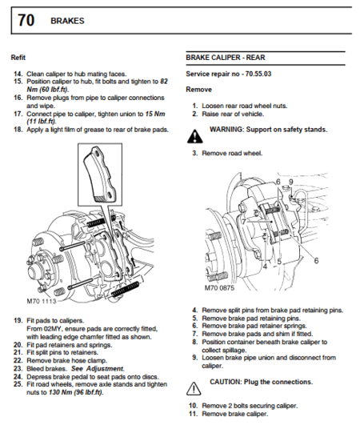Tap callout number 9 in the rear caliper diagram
tap(292, 182)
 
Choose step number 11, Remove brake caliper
tap(192, 414)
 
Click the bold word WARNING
tap(229, 128)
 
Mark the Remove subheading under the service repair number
tap(198, 89)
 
